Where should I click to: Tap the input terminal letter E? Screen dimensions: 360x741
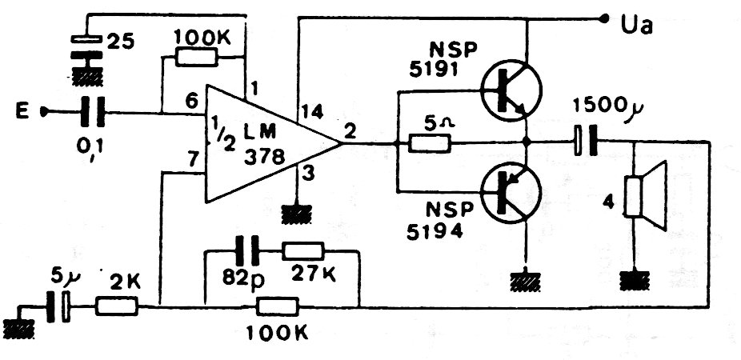(x=26, y=112)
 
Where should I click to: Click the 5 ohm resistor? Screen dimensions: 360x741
(x=430, y=144)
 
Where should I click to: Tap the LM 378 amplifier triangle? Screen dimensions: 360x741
(x=264, y=144)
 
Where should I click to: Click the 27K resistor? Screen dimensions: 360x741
(x=302, y=251)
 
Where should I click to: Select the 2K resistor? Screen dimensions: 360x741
(x=117, y=306)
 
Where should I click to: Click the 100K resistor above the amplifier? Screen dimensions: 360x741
(x=195, y=57)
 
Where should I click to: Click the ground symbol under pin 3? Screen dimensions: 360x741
(x=298, y=213)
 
